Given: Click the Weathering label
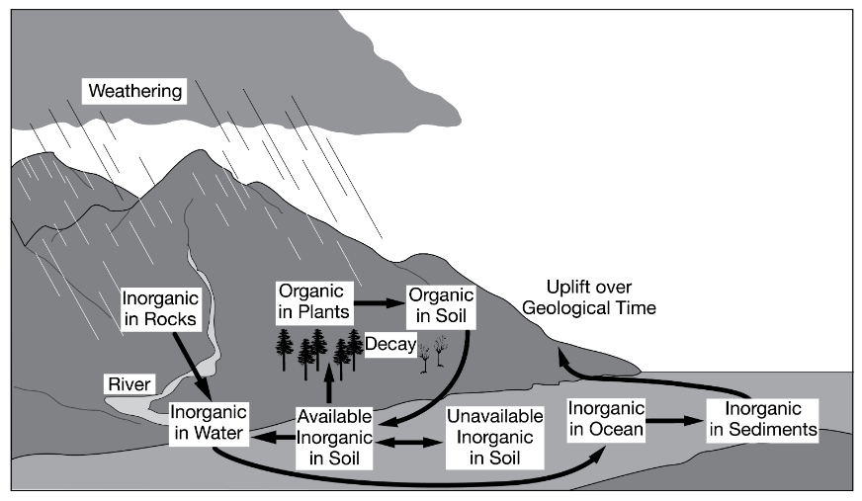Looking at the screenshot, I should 135,92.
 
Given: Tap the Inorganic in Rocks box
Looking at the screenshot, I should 160,307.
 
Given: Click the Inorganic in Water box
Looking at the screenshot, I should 208,423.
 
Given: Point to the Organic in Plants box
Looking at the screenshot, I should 312,301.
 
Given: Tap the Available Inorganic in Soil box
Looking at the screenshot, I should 336,437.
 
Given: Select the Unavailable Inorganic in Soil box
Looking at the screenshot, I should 494,437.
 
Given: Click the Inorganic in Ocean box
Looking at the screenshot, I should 606,419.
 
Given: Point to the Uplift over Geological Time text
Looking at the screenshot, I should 602,297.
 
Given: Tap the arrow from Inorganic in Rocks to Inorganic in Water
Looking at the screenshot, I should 190,364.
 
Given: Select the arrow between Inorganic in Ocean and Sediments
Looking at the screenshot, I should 673,420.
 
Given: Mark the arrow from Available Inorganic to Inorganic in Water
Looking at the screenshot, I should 273,435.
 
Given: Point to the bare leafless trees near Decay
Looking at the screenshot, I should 431,353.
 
